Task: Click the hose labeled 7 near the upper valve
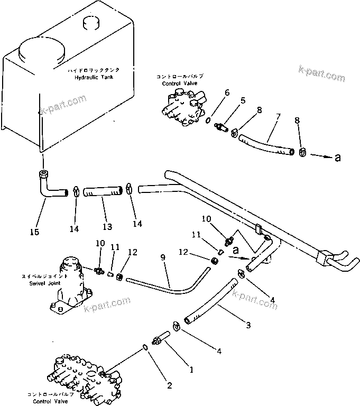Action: (x=267, y=144)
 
